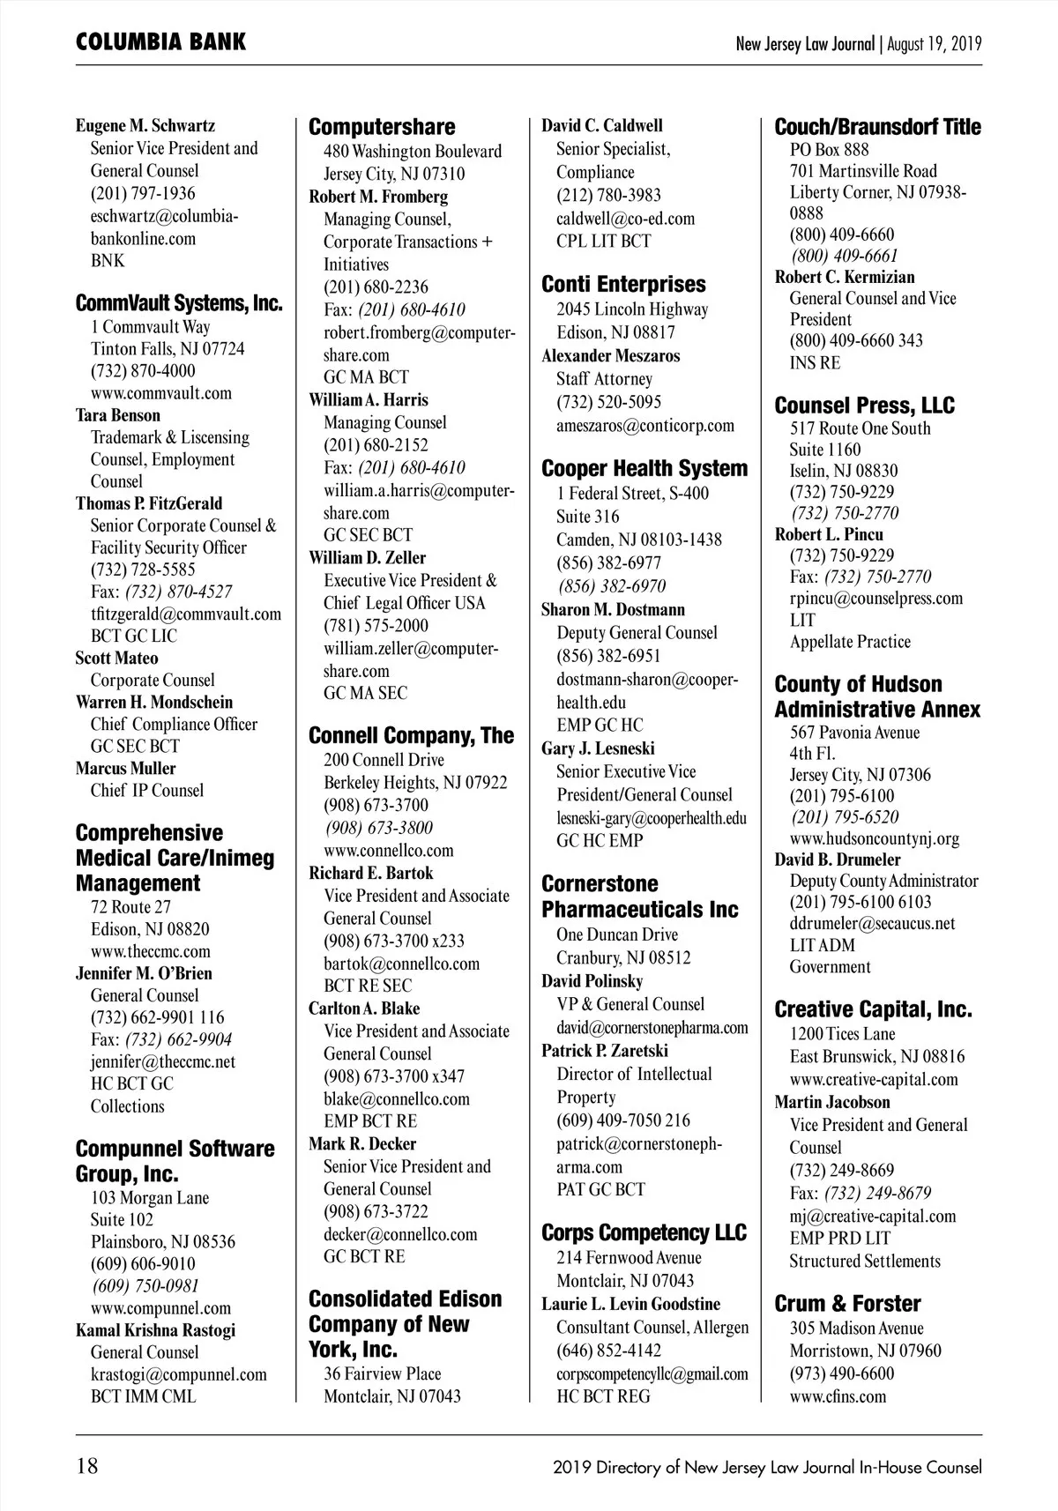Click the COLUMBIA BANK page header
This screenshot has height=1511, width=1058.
(160, 42)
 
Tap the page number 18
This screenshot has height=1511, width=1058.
(87, 1467)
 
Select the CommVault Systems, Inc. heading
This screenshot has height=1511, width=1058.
(179, 304)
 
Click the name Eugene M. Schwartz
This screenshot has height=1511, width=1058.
(145, 126)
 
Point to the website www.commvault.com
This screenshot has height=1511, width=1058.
(161, 393)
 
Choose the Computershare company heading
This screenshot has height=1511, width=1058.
(382, 127)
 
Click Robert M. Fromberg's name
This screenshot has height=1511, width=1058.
(378, 197)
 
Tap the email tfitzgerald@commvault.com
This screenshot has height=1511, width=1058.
(186, 614)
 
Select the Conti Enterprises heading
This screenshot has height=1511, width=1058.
(623, 285)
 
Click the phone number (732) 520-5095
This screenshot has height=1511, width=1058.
(608, 402)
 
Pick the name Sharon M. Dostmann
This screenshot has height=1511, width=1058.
(613, 609)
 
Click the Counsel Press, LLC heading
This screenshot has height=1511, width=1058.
(864, 406)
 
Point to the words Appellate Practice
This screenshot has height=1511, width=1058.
(850, 642)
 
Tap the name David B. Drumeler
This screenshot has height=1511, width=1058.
(838, 860)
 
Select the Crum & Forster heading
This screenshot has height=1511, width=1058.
(847, 1304)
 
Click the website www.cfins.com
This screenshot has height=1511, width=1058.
(838, 1396)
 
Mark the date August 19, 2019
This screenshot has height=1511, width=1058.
(935, 43)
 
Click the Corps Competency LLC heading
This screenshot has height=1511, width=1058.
(644, 1232)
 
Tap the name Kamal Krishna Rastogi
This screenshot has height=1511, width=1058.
(155, 1330)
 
